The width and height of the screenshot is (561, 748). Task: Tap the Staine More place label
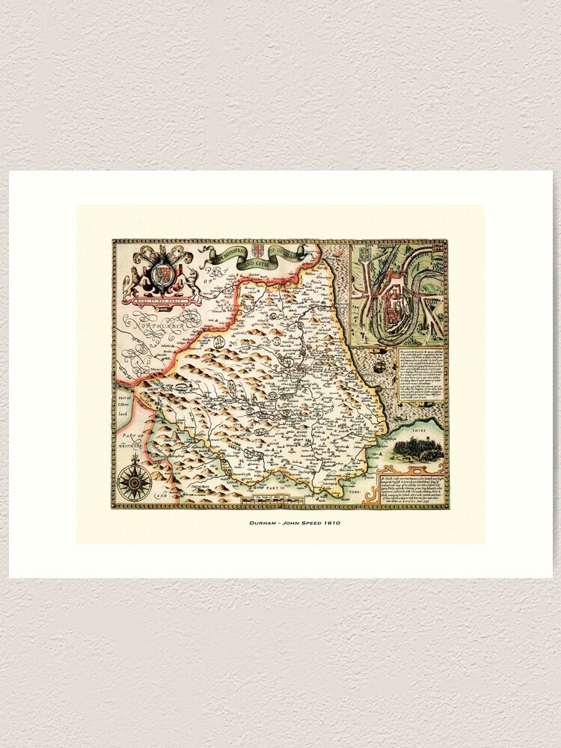[198, 486]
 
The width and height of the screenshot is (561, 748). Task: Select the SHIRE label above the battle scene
[425, 430]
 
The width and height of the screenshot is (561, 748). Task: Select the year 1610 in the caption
[330, 523]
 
